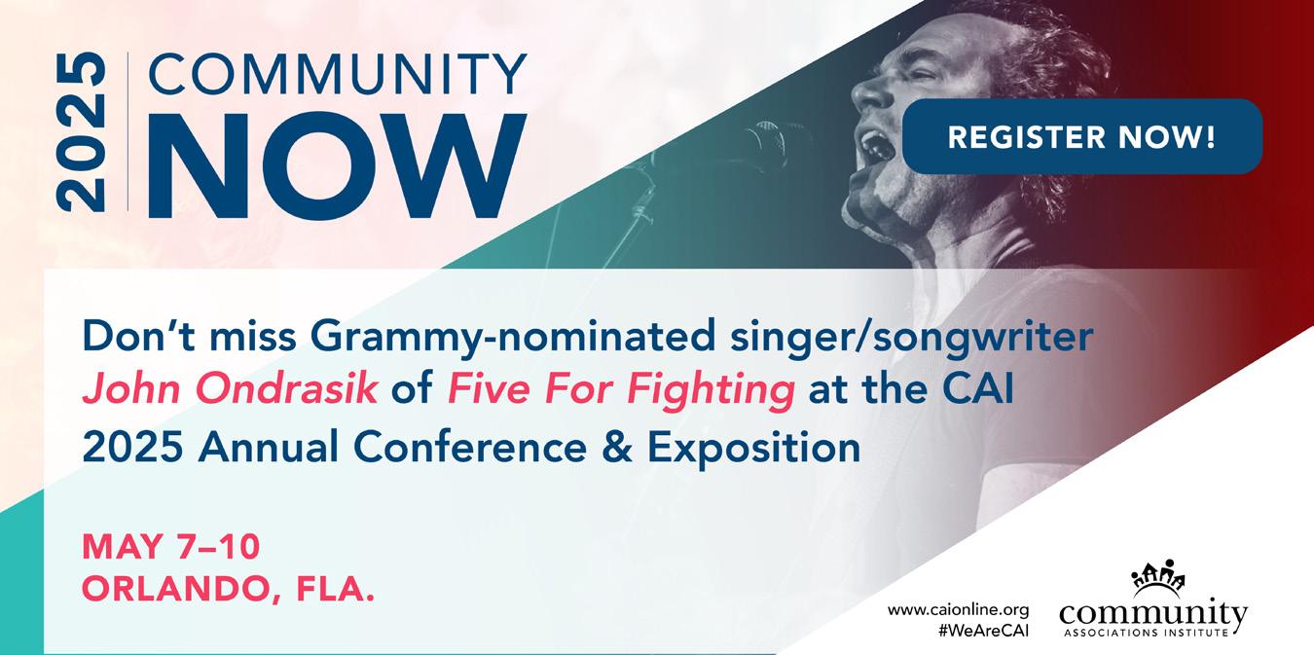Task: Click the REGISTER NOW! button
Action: tap(1081, 136)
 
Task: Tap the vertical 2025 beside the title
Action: tap(81, 132)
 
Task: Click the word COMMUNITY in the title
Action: tap(338, 74)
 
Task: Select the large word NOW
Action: tap(338, 166)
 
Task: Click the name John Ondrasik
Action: tap(230, 388)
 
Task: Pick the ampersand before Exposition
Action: tap(617, 447)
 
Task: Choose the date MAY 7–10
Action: tap(170, 547)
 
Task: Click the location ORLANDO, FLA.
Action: tap(228, 589)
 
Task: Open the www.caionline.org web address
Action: tap(959, 610)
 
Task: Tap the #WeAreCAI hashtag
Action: tap(984, 631)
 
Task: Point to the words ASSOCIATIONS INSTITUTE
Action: tap(1146, 633)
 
